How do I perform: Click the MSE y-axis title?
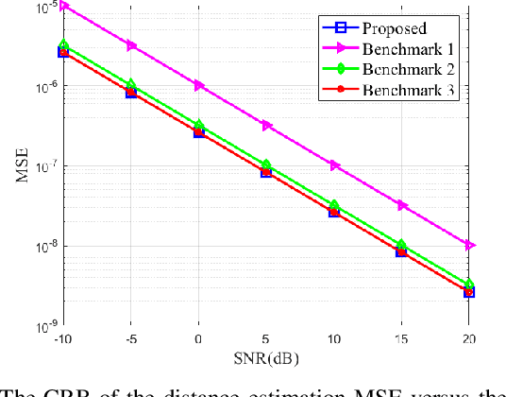22,167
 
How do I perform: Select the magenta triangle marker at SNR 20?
470,245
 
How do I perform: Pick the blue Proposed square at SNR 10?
334,212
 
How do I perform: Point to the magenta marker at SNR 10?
334,165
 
